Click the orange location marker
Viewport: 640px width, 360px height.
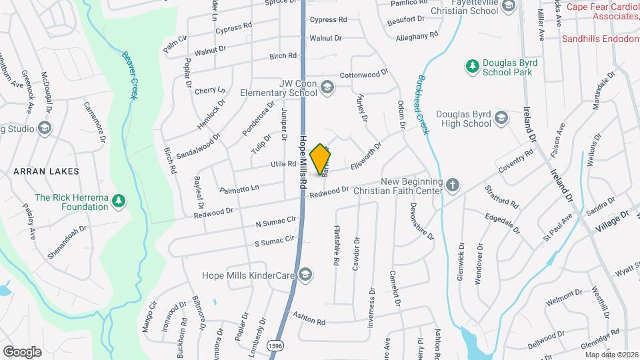coord(321,159)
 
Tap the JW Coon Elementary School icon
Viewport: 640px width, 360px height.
coord(327,87)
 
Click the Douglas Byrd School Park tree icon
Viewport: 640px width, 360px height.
coord(472,66)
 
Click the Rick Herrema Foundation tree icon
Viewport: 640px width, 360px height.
coord(119,201)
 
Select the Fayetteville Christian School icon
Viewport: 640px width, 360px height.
coord(508,7)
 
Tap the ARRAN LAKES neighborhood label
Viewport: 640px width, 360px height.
coord(46,171)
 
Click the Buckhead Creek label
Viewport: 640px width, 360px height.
coord(421,103)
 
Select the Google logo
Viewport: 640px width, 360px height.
coord(22,351)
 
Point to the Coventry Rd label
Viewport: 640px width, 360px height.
coord(520,161)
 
